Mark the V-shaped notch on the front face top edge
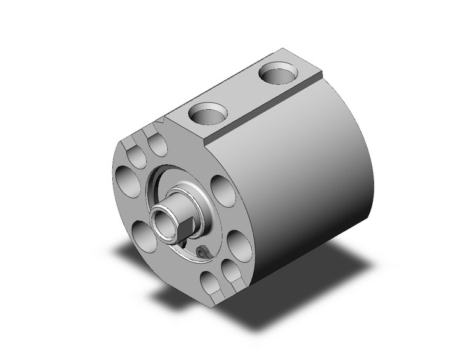pyautogui.click(x=161, y=126)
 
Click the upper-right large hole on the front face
pyautogui.click(x=221, y=190)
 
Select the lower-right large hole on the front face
pyautogui.click(x=239, y=244)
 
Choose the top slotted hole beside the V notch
pyautogui.click(x=158, y=145)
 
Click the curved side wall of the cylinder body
pyautogui.click(x=307, y=184)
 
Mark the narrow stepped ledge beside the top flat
pyautogui.click(x=264, y=110)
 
